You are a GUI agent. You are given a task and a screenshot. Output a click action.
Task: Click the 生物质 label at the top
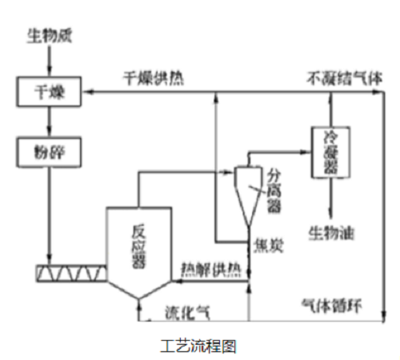pos(48,36)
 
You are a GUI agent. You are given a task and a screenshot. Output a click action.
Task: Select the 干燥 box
pos(50,94)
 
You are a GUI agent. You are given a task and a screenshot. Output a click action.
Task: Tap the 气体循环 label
pos(327,306)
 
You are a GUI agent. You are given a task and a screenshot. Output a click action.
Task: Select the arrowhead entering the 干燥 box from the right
pos(90,93)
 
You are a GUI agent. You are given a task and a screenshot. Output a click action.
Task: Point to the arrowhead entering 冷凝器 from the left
pos(306,149)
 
